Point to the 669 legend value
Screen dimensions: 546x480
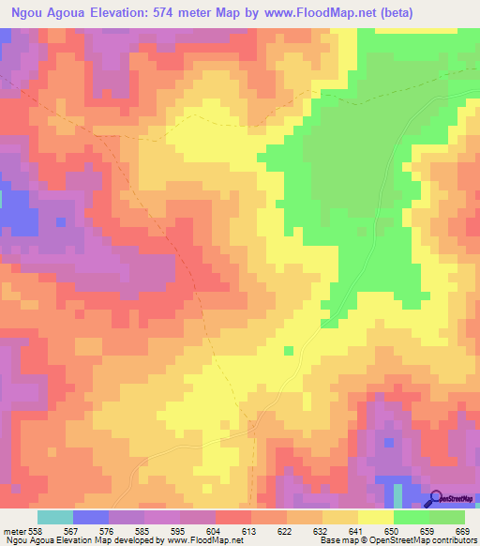click(461, 531)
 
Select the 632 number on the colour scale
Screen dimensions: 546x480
click(321, 531)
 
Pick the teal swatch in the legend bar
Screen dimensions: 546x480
click(55, 517)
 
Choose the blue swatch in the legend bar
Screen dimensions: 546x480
click(91, 517)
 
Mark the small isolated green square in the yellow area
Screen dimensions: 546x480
click(289, 351)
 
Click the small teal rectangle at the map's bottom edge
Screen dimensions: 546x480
click(398, 496)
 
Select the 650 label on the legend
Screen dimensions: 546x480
click(391, 531)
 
